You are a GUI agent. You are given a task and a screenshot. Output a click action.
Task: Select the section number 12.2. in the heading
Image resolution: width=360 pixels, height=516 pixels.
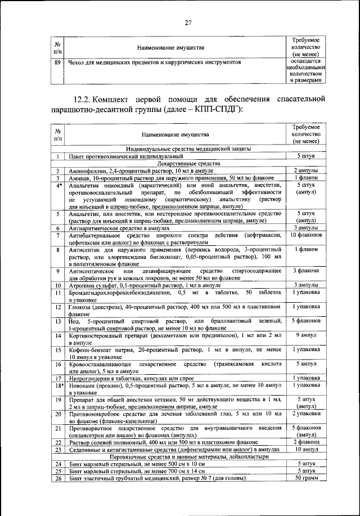coord(82,100)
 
